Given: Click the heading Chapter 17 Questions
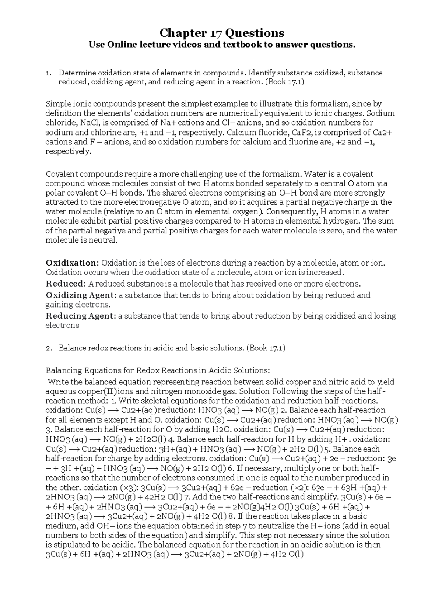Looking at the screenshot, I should point(221,33).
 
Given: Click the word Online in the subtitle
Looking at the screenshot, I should point(121,45).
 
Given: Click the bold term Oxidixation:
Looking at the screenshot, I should point(72,263).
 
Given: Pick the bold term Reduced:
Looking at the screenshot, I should point(65,284).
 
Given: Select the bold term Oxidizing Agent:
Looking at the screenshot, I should point(81,295).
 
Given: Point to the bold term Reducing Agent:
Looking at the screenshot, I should point(81,316).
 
